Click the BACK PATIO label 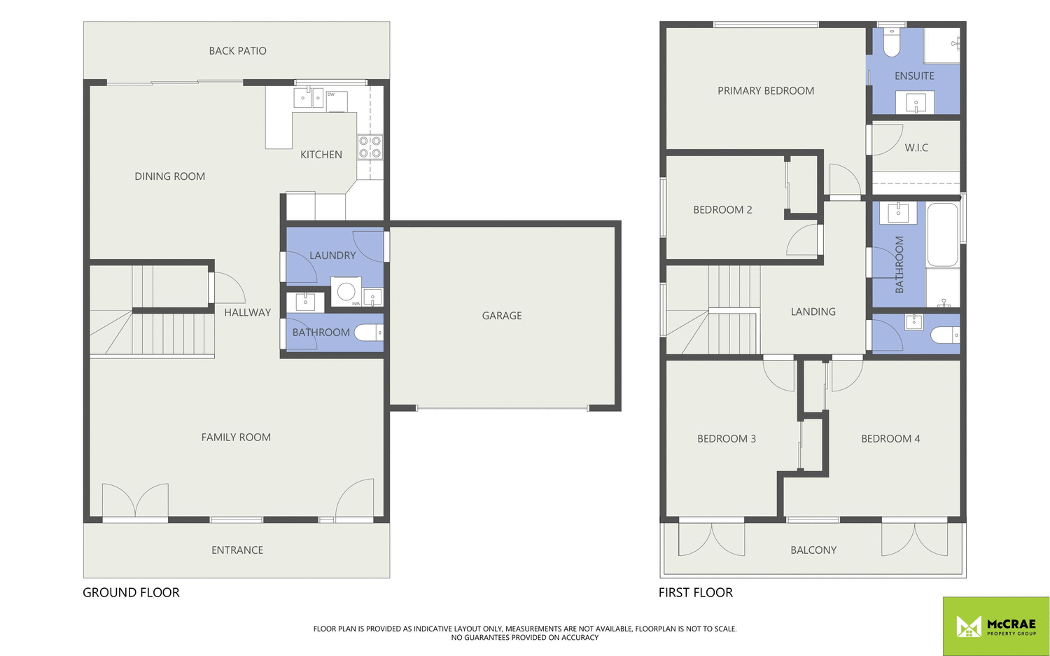pyautogui.click(x=237, y=50)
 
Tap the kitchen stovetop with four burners pyautogui.click(x=370, y=147)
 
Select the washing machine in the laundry pyautogui.click(x=346, y=291)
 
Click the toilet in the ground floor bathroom pyautogui.click(x=368, y=333)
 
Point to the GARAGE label pyautogui.click(x=502, y=316)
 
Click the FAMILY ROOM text pyautogui.click(x=236, y=438)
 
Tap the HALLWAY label pyautogui.click(x=247, y=312)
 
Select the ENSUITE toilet pyautogui.click(x=891, y=43)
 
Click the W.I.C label pyautogui.click(x=916, y=148)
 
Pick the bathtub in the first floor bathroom pyautogui.click(x=942, y=235)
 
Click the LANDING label pyautogui.click(x=813, y=312)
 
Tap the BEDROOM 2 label pyautogui.click(x=722, y=210)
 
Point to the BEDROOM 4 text pyautogui.click(x=890, y=439)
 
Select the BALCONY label pyautogui.click(x=813, y=550)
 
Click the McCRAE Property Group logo pyautogui.click(x=995, y=626)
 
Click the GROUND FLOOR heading pyautogui.click(x=131, y=592)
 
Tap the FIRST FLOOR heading pyautogui.click(x=695, y=592)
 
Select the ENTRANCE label pyautogui.click(x=237, y=550)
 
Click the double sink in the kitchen pyautogui.click(x=308, y=98)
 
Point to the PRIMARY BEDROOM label pyautogui.click(x=766, y=91)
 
